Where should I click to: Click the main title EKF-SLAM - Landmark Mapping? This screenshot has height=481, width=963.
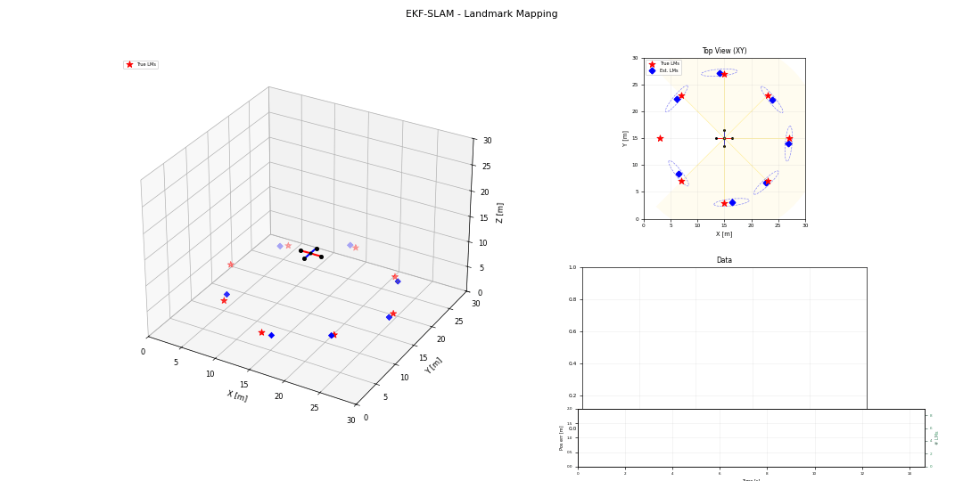pos(481,14)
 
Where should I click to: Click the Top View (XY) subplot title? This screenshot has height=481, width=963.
pos(724,51)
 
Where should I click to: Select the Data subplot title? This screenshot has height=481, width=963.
pos(724,260)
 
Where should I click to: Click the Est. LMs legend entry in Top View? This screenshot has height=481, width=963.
pos(668,70)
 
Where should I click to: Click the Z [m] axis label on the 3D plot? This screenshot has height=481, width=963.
pos(500,212)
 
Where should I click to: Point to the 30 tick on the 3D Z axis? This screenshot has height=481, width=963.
pos(487,141)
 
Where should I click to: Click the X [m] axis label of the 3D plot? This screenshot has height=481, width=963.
pos(236,396)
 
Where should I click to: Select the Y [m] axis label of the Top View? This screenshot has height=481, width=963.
pos(625,138)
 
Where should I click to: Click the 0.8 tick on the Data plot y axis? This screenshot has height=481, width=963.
pos(572,299)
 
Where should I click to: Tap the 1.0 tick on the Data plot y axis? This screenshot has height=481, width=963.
pos(572,267)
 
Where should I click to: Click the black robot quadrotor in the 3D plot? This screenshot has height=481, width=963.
pos(310,254)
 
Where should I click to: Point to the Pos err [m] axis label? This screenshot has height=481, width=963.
pos(562,437)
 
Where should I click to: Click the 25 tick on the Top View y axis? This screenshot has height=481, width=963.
pos(635,86)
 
